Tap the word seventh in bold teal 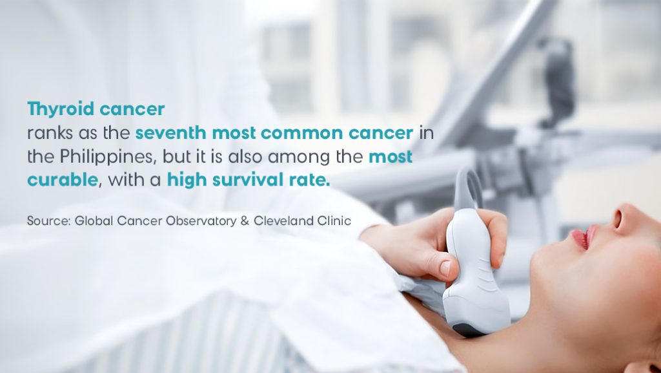[x=170, y=133]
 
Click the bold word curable [x=63, y=180]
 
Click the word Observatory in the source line [x=201, y=220]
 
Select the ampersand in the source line [x=245, y=220]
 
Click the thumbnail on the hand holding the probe [x=445, y=268]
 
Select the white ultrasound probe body [x=474, y=270]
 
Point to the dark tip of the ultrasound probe [x=465, y=330]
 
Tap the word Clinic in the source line [x=335, y=220]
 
